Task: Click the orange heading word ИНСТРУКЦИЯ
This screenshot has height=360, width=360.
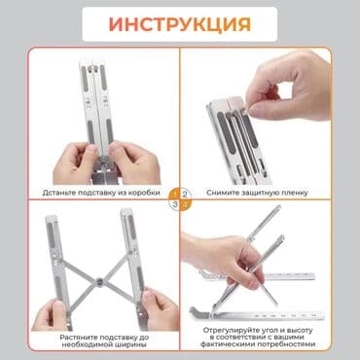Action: coord(180,22)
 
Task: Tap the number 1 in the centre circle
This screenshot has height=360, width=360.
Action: coord(174,193)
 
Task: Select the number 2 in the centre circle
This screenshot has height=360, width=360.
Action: coord(186,193)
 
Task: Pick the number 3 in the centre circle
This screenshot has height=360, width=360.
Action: coord(174,204)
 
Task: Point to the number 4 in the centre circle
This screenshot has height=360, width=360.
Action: coord(186,204)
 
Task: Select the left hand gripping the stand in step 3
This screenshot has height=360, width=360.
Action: coord(44,311)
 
